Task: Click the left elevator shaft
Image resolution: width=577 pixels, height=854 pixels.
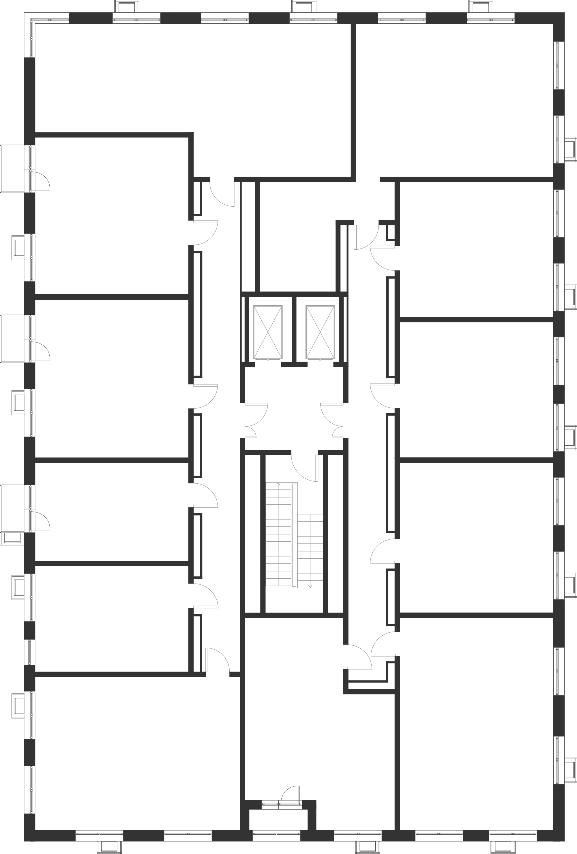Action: click(268, 332)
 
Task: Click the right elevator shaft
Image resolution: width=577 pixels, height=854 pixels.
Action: click(321, 332)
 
